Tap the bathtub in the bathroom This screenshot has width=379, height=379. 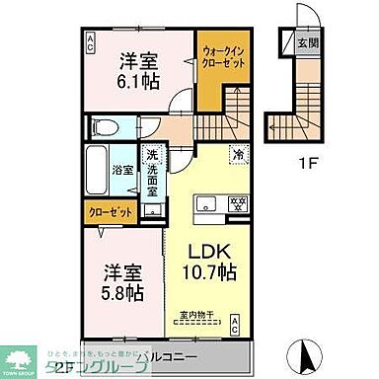(100, 171)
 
